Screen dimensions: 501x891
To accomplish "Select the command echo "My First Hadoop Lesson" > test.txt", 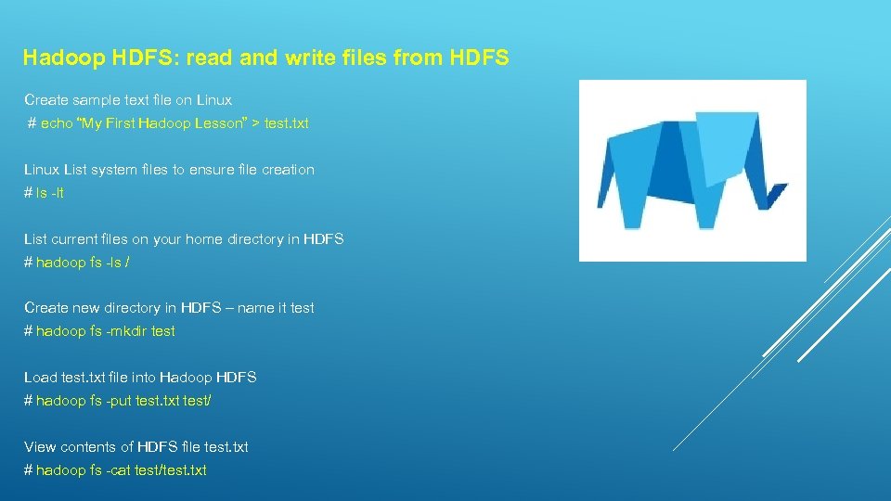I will (174, 123).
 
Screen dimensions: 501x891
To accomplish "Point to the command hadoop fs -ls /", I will (83, 263).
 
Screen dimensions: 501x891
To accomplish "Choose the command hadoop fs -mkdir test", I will (105, 331).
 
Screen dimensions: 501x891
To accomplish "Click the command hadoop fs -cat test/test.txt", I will (122, 470).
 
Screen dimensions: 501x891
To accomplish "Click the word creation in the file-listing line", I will (288, 170).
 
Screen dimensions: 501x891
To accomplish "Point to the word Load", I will (40, 378).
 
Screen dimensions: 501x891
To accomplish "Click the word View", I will (40, 447).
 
